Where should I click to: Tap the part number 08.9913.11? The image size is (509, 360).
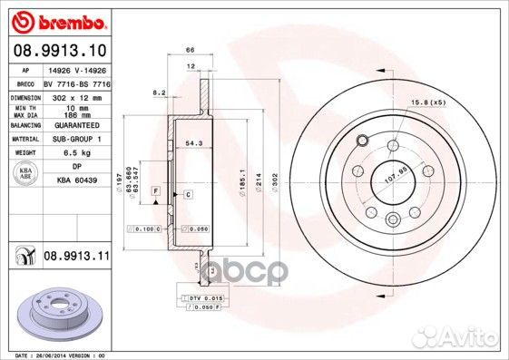[x=76, y=258]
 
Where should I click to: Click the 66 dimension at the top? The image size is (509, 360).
[x=191, y=50]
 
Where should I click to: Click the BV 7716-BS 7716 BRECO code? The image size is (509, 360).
[x=76, y=82]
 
